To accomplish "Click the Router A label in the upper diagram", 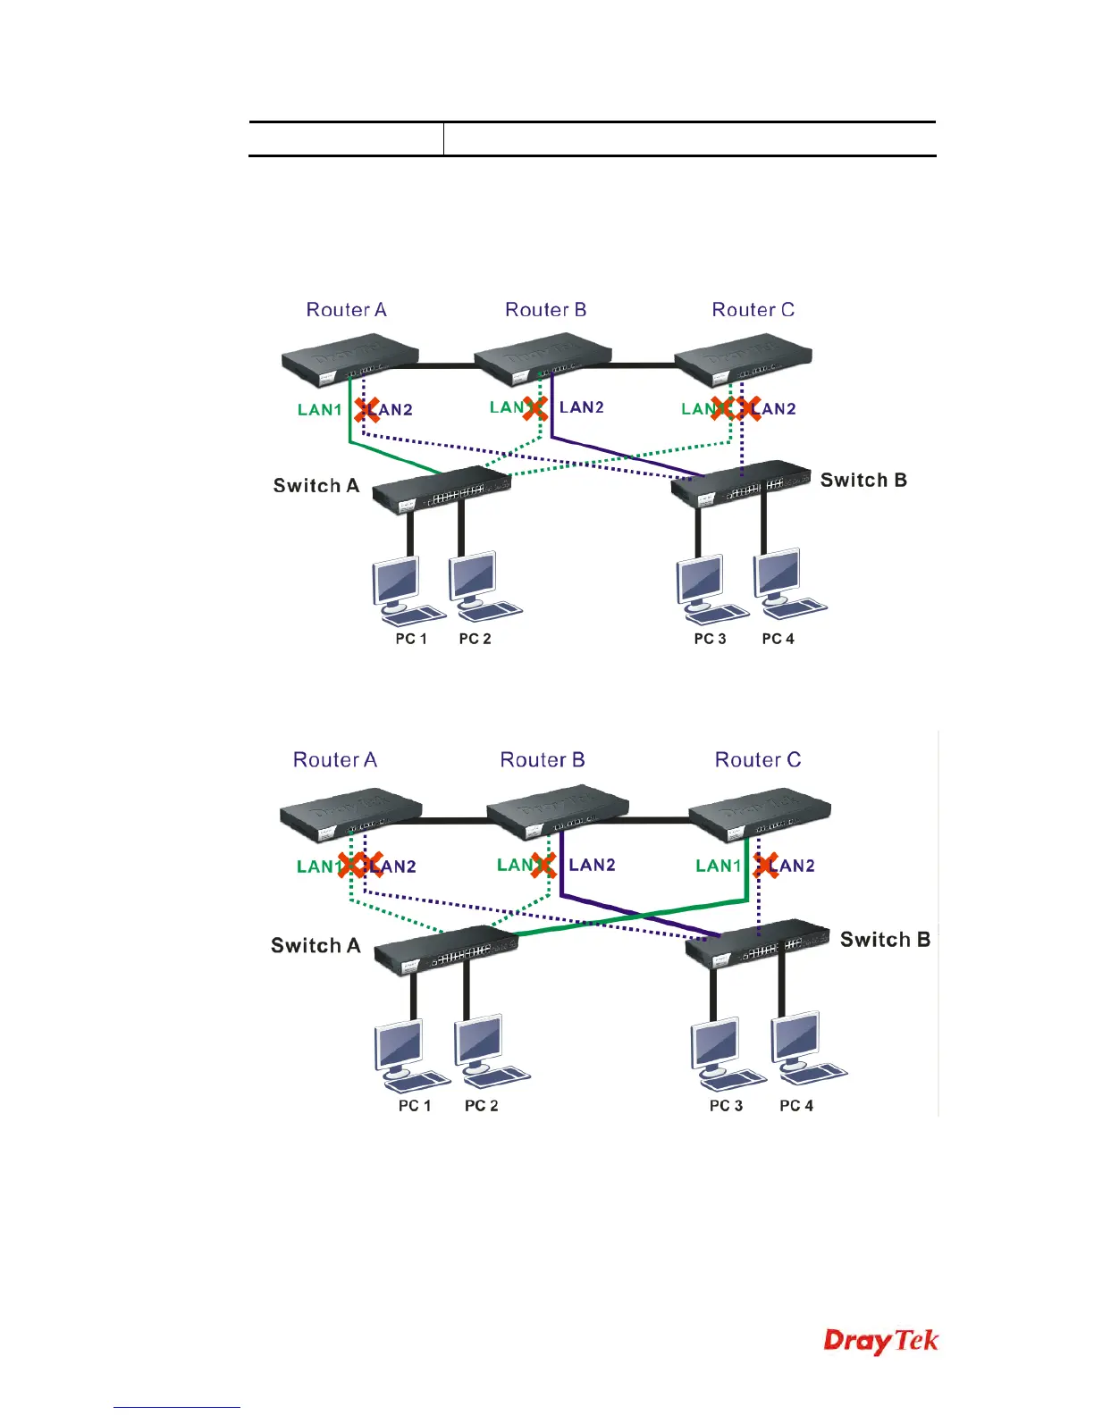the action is [x=346, y=310].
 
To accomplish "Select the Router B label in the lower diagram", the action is [x=542, y=760].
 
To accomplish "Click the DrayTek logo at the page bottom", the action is [x=880, y=1342].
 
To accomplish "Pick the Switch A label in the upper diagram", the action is [x=316, y=486].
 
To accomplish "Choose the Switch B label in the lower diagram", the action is [x=885, y=940].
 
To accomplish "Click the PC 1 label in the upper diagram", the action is [x=411, y=639].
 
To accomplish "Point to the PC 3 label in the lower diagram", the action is [x=726, y=1106].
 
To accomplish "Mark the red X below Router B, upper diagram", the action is [x=535, y=409].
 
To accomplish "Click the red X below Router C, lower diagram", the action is [x=766, y=865].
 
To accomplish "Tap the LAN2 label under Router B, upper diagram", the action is [x=582, y=408].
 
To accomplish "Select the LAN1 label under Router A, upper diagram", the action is [x=320, y=410].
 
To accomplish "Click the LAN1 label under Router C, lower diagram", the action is [x=719, y=866].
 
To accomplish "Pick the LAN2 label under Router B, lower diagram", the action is [x=592, y=865].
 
